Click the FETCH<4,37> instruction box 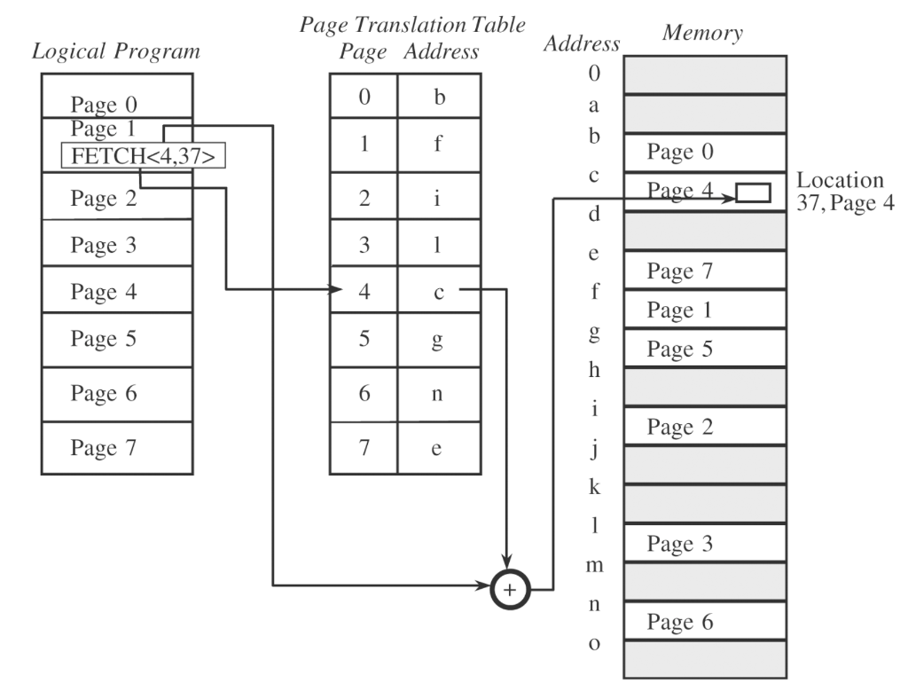pos(142,156)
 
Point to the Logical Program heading pos(115,51)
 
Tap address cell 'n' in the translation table pos(438,394)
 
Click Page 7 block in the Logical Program pos(115,447)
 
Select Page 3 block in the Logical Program pos(115,245)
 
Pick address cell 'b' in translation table pos(438,97)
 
